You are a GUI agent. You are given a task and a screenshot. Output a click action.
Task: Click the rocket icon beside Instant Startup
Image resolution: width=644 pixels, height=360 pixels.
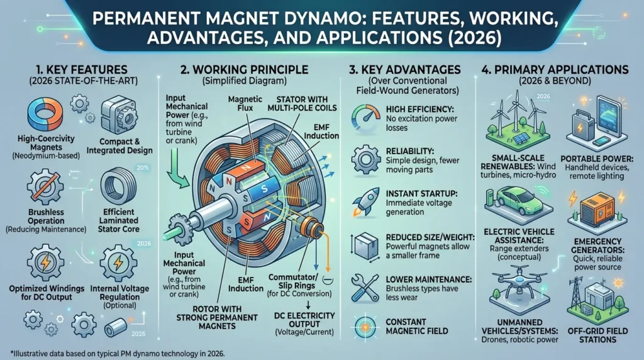click(x=365, y=202)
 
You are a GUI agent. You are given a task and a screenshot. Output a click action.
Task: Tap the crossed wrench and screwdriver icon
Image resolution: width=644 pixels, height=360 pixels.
click(x=365, y=288)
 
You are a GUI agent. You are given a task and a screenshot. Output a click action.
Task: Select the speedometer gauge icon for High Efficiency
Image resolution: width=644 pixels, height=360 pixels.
click(x=365, y=118)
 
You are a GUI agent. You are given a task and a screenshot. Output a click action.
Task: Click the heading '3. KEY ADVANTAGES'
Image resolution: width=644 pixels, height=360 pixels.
click(x=405, y=69)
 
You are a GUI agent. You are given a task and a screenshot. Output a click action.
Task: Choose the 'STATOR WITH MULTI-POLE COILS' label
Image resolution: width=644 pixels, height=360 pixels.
click(x=303, y=104)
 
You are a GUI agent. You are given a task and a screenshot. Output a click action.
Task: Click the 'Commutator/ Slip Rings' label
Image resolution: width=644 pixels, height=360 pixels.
click(x=293, y=281)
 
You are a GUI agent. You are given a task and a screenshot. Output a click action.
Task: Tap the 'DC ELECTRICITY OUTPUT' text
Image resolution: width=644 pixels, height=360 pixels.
click(x=304, y=320)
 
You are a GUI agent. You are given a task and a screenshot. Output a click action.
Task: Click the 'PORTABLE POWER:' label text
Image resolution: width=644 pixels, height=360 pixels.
click(x=597, y=159)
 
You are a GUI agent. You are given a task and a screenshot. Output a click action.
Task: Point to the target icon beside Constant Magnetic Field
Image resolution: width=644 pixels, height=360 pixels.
click(x=365, y=327)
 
